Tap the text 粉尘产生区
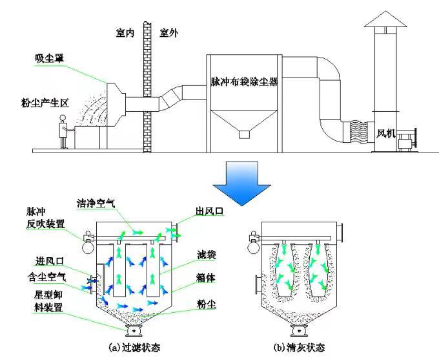pos(45,103)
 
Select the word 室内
pos(125,33)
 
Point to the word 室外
pos(169,33)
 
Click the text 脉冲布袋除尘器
pos(245,81)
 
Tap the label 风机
pos(386,134)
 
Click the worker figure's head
pos(63,118)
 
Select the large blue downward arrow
pos(241,184)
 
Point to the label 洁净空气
pos(96,204)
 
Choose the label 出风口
pos(210,211)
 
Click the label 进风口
pos(50,262)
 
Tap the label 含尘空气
pos(46,277)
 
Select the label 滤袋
pos(207,255)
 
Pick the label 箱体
pos(206,278)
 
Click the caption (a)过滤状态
pos(134,347)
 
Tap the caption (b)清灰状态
pos(300,347)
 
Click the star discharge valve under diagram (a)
pos(133,331)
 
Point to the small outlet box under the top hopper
pos(244,135)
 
